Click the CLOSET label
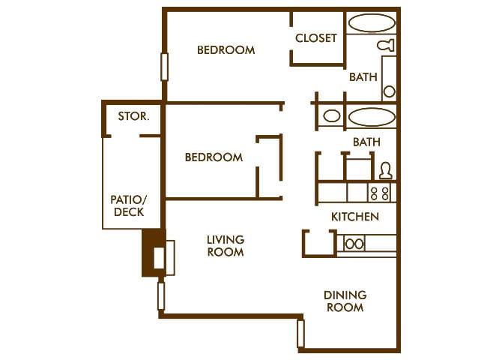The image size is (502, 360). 316,38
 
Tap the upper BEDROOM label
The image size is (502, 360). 226,50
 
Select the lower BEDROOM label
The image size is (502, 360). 214,157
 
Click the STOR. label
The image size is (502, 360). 133,116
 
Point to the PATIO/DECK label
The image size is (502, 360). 129,206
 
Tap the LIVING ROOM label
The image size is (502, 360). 226,246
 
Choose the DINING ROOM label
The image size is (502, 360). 344,301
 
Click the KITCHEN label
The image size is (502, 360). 355,217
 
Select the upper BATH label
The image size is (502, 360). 363,76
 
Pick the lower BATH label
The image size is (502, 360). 366,142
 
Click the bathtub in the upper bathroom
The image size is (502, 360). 372,22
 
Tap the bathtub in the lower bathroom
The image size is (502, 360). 372,117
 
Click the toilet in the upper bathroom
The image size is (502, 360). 387,45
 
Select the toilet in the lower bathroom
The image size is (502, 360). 385,170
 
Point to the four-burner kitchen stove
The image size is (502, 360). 380,193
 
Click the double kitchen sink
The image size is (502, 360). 354,244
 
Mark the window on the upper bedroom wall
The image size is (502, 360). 164,67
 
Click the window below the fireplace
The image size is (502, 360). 160,295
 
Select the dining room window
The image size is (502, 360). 301,334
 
